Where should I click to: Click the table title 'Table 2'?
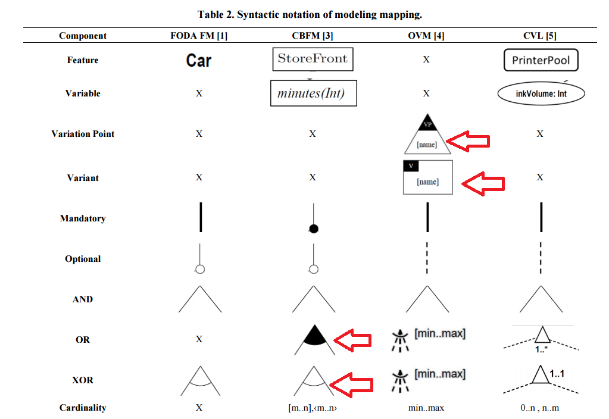tap(215, 15)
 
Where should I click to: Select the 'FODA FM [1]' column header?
tap(199, 36)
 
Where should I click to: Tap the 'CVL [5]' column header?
tap(540, 36)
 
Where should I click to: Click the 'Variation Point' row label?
tap(83, 134)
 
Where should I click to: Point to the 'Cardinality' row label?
tap(83, 408)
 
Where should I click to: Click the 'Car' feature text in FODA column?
tap(198, 61)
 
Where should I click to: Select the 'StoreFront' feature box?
tap(313, 59)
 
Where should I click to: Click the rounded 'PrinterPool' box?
tap(541, 60)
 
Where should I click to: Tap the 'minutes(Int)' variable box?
tap(314, 93)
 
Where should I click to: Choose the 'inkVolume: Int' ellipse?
tap(541, 93)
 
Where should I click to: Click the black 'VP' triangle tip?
tap(427, 114)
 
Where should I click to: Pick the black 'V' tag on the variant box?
tap(411, 166)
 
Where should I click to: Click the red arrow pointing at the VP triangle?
tap(468, 141)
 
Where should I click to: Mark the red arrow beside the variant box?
tap(483, 184)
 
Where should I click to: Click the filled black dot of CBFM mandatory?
tap(314, 229)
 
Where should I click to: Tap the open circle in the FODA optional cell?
tap(200, 269)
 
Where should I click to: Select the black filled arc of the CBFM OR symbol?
tap(314, 336)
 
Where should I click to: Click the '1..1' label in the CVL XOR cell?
tap(557, 374)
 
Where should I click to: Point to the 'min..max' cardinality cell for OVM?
tap(426, 408)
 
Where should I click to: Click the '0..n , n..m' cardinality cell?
tap(540, 408)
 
